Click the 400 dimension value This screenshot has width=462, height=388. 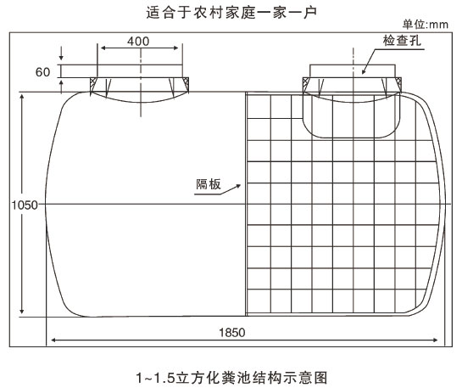coord(138,42)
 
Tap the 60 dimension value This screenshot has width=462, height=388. coord(42,72)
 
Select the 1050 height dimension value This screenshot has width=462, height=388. coord(25,205)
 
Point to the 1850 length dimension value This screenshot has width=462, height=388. coord(232,333)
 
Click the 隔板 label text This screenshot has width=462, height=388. coord(209,184)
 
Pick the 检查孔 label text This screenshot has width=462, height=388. coord(402,41)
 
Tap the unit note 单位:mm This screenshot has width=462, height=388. coord(426,24)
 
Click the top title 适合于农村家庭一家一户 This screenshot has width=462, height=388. coord(231,13)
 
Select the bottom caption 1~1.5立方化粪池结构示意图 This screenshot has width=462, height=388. coord(231,378)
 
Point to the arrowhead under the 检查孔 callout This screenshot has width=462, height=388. coord(364,71)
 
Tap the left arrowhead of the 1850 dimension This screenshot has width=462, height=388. coord(53,340)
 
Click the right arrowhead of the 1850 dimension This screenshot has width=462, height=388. coord(435,340)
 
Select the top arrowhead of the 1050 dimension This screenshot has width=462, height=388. coord(22,97)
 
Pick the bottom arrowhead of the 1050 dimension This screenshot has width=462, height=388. coord(22,312)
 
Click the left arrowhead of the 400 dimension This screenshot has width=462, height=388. coord(103,48)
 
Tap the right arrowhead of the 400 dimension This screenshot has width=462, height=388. coord(176,48)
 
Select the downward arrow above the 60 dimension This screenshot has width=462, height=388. coord(61,53)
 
